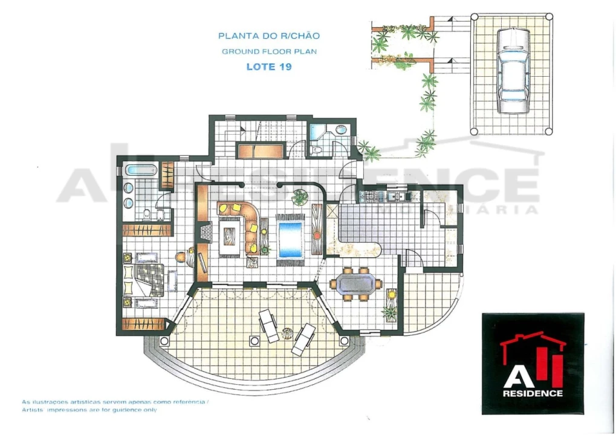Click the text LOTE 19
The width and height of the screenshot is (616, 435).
coord(269,66)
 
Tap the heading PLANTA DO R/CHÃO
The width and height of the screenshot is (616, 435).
coord(269,36)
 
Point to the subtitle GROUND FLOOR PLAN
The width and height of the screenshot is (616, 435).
coord(270,51)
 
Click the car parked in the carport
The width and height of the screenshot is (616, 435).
coord(513,70)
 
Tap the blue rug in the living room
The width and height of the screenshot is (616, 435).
coord(290,239)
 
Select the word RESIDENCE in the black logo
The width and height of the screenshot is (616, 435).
coord(533,393)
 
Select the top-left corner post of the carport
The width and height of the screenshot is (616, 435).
coord(475,16)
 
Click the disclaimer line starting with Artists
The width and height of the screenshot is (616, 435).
coord(89,410)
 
